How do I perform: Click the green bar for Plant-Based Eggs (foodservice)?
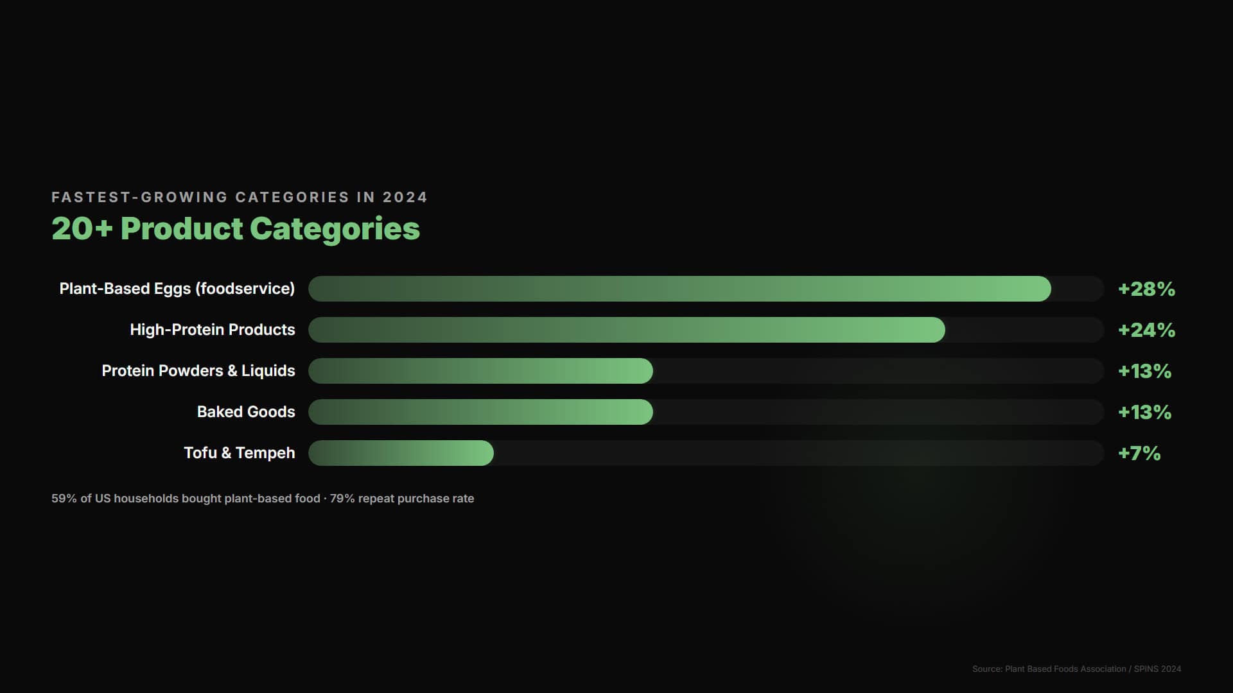[679, 289]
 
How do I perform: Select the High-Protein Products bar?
[626, 330]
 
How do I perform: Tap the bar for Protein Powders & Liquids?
[480, 371]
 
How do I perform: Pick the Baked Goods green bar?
[480, 412]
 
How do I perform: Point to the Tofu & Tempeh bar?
[401, 453]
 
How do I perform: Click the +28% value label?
[1146, 289]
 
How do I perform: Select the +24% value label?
[1146, 330]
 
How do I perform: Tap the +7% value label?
[1139, 453]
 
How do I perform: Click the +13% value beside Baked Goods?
[1144, 412]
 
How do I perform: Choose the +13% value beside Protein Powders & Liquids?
[1144, 371]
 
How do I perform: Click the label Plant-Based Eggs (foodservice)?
[177, 289]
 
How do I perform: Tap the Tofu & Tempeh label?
[240, 453]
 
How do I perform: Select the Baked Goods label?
[246, 412]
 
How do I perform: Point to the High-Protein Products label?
[213, 330]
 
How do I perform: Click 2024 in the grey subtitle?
[405, 197]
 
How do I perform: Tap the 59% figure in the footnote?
[64, 499]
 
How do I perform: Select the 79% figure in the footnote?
[342, 499]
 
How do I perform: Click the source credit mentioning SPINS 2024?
[1076, 669]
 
